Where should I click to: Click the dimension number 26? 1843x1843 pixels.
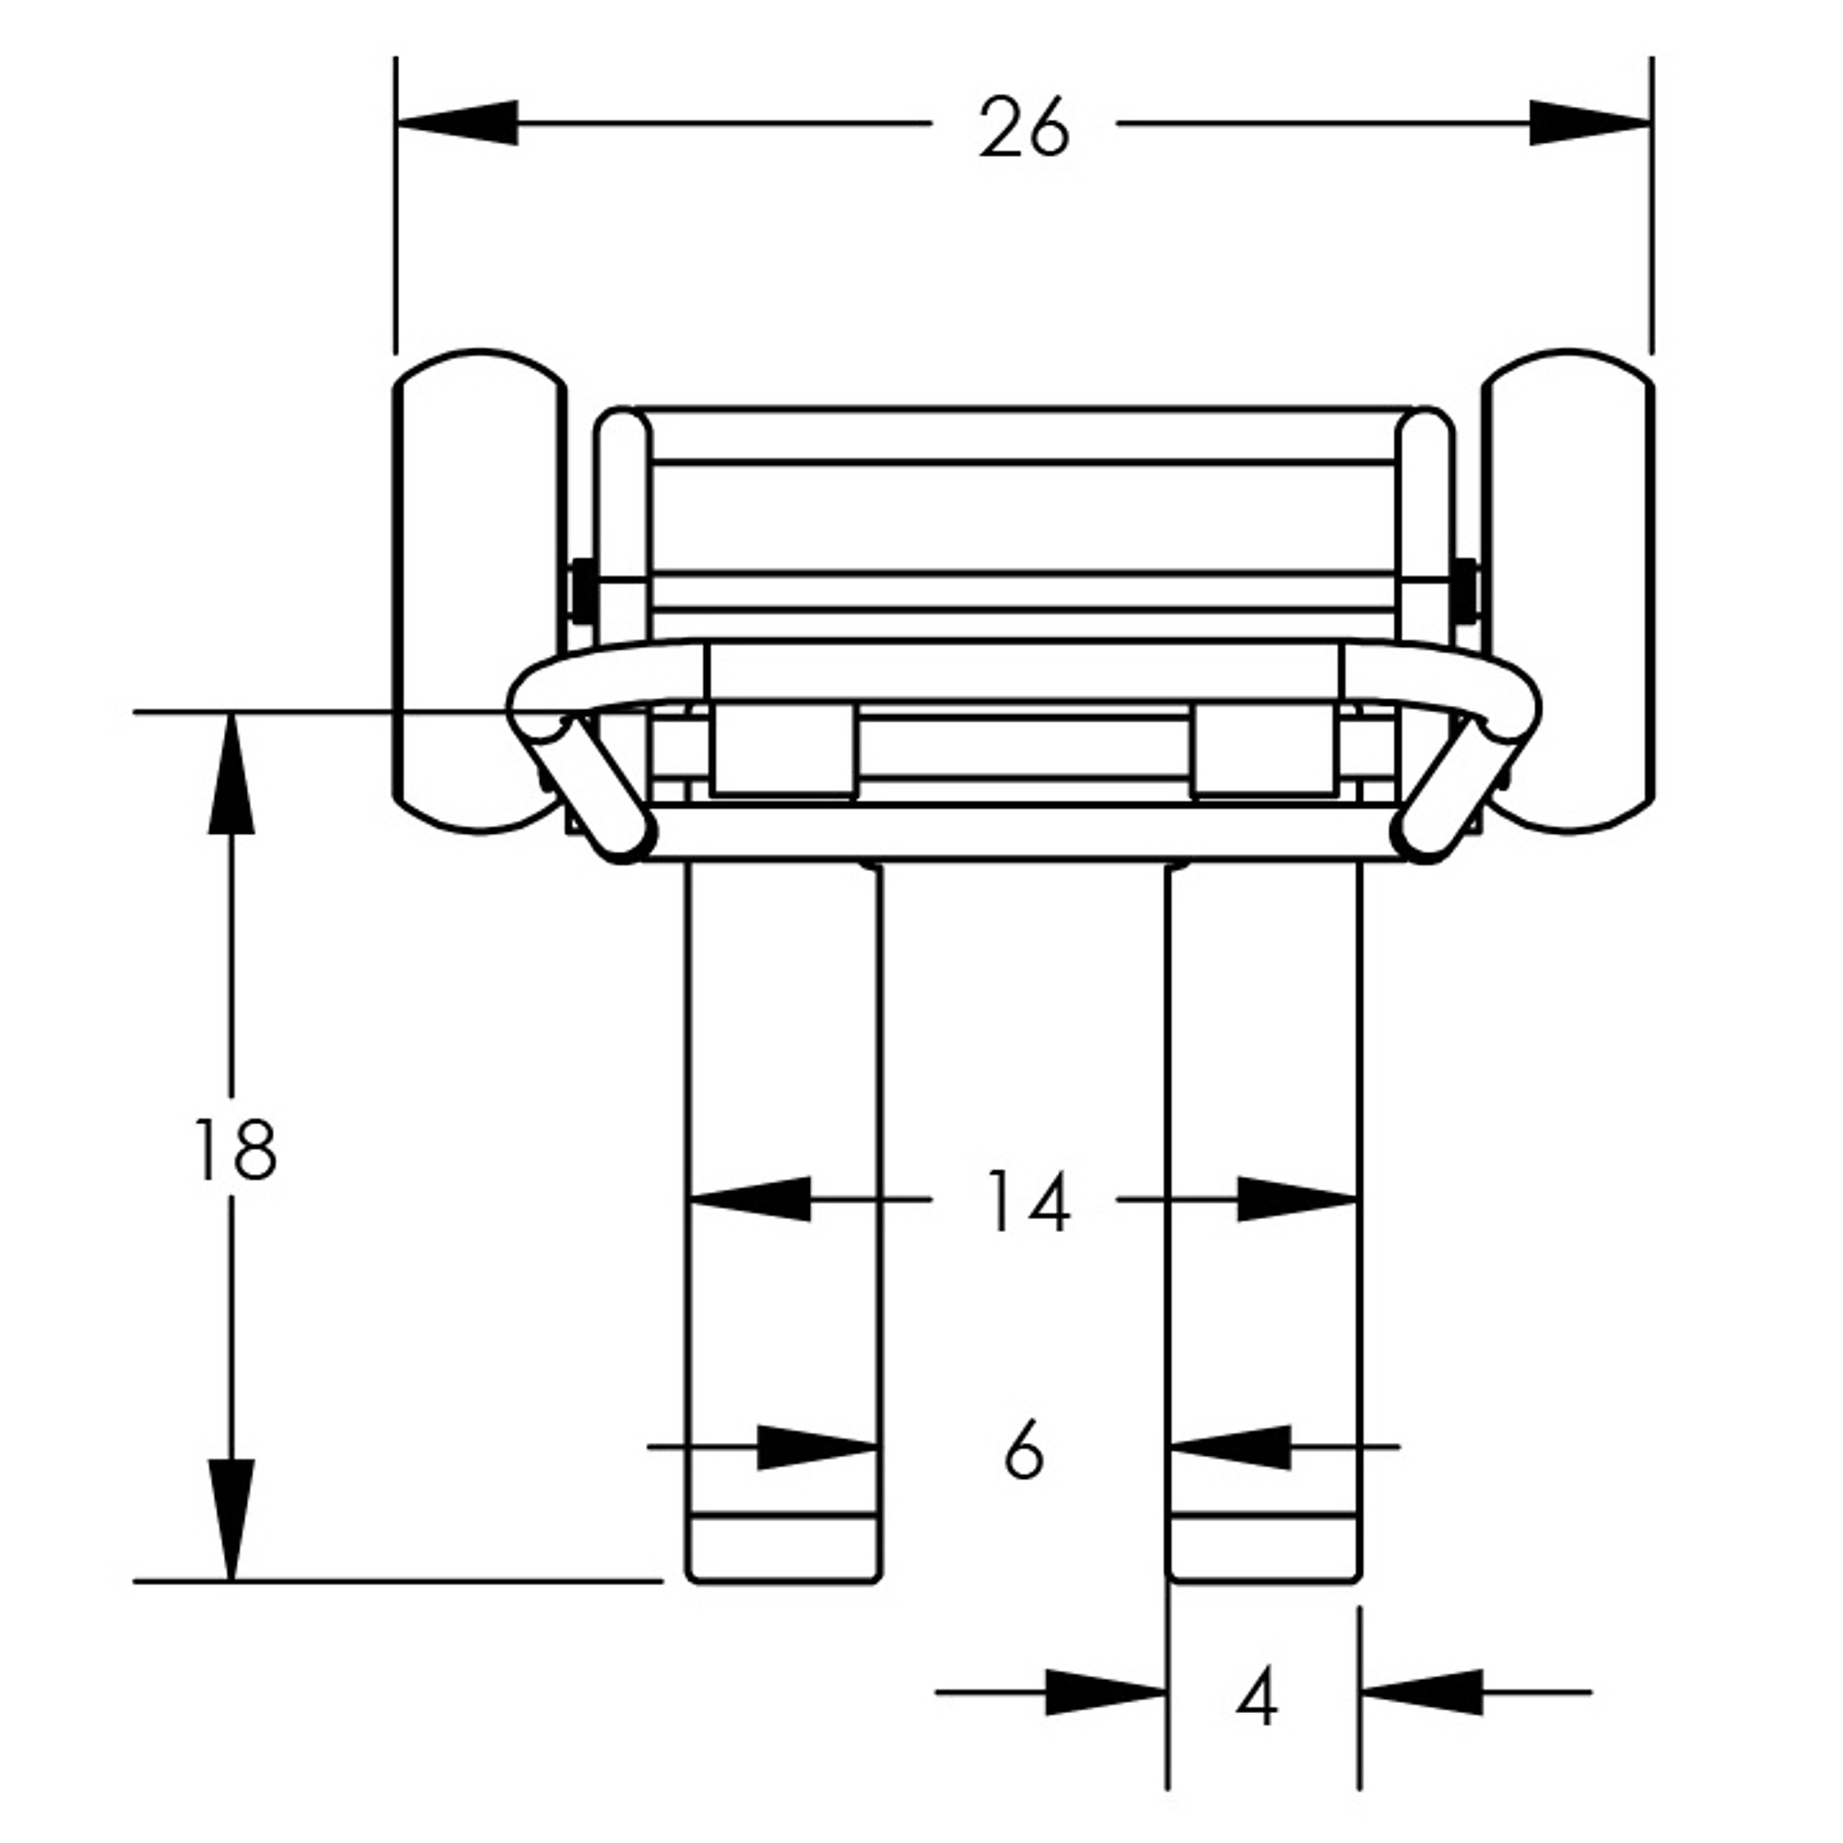(x=1024, y=127)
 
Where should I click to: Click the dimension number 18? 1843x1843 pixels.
(x=235, y=1150)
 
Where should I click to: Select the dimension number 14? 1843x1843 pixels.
(x=1027, y=1201)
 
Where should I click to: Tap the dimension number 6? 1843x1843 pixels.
(x=1025, y=1449)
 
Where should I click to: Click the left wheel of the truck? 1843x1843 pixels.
(x=480, y=592)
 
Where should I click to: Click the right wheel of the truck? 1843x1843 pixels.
(x=1567, y=592)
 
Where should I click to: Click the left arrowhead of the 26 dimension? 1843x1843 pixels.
(x=457, y=123)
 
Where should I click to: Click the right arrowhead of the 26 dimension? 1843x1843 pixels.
(x=1591, y=123)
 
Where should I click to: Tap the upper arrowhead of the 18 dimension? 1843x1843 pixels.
(x=231, y=774)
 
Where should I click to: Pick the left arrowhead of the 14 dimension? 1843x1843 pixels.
(x=750, y=1199)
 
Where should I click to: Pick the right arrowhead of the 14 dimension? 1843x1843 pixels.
(x=1297, y=1199)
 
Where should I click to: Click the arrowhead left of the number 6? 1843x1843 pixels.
(x=817, y=1447)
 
